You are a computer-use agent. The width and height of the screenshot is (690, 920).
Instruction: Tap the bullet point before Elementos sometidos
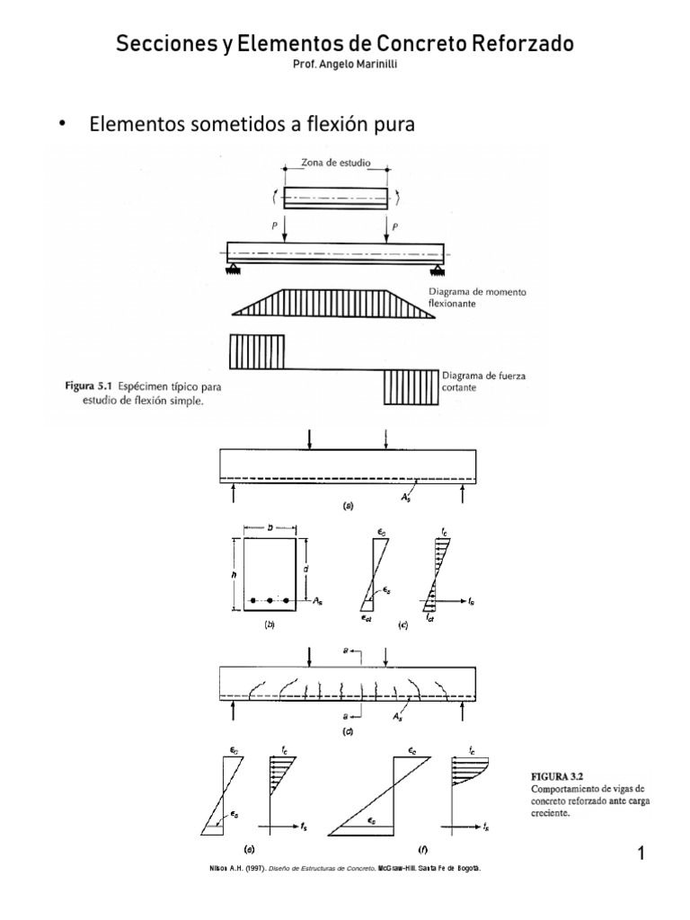click(62, 125)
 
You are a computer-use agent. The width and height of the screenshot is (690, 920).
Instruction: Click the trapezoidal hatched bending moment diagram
click(336, 302)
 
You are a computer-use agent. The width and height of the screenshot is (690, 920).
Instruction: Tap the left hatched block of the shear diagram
click(257, 347)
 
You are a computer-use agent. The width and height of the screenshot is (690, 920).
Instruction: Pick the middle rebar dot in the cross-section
click(270, 599)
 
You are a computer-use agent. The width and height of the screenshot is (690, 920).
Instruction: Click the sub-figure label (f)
click(421, 848)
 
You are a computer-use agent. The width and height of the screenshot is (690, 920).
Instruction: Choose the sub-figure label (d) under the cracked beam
click(348, 730)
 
